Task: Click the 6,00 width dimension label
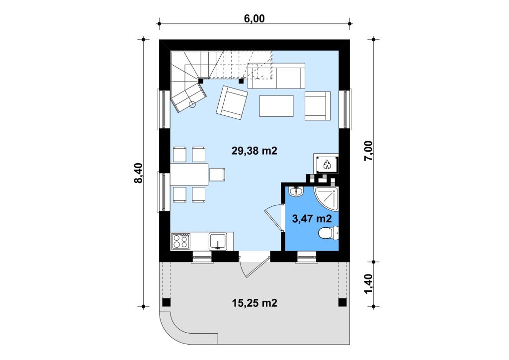254,18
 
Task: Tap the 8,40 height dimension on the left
138,173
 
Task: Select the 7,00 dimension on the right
369,151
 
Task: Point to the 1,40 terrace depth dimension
369,284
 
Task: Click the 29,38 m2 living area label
254,151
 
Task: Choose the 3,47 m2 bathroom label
312,219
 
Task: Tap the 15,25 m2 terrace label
254,303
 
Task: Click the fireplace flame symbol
327,165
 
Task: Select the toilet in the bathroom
328,233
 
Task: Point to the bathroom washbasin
296,191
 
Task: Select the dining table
189,175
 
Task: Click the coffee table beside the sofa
276,106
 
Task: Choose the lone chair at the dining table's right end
217,175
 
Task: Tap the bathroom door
274,219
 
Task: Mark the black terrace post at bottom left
166,302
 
